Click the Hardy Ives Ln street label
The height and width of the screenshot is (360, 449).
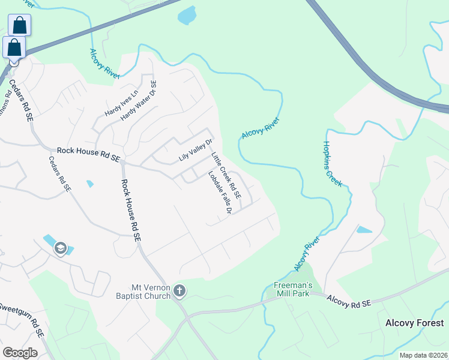click(122, 101)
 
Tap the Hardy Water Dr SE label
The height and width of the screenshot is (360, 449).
click(139, 101)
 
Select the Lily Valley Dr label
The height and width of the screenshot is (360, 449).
click(196, 151)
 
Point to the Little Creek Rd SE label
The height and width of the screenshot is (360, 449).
click(226, 176)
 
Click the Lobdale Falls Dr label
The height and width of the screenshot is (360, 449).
click(220, 193)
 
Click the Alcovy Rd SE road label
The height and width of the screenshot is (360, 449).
click(349, 301)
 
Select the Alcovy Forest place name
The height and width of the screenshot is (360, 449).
click(414, 323)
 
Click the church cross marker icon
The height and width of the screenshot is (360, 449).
click(179, 292)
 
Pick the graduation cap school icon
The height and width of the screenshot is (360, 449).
click(60, 248)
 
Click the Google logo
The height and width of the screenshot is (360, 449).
click(20, 353)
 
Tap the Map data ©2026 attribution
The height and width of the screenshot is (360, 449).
click(423, 355)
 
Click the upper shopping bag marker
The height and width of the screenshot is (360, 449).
click(19, 26)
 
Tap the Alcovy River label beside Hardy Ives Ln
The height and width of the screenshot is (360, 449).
click(104, 64)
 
